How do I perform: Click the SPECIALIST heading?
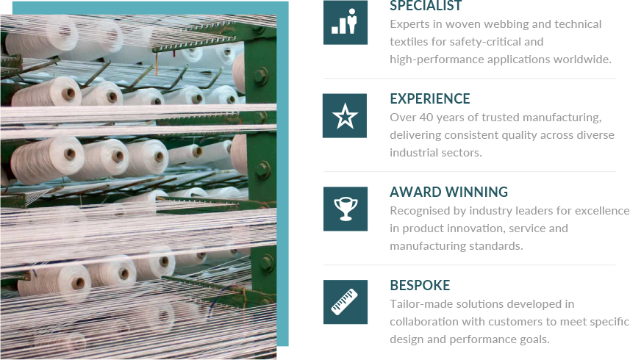click(x=426, y=7)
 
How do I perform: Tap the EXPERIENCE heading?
click(x=429, y=98)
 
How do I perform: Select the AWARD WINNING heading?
click(x=448, y=192)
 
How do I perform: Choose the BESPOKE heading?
click(x=420, y=285)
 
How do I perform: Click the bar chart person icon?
click(x=345, y=22)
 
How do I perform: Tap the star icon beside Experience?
click(x=345, y=115)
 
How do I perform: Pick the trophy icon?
click(x=345, y=209)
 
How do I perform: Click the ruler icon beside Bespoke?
click(x=345, y=302)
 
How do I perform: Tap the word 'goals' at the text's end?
click(x=530, y=339)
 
